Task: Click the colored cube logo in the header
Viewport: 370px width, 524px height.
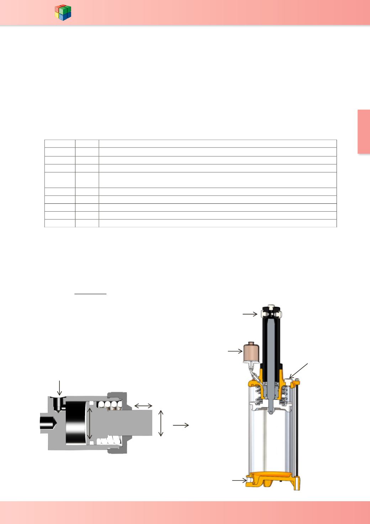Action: pyautogui.click(x=63, y=13)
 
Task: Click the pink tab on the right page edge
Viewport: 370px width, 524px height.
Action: pyautogui.click(x=364, y=132)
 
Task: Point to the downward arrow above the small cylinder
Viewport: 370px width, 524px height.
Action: pyautogui.click(x=59, y=388)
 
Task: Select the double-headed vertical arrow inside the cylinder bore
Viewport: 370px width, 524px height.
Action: pyautogui.click(x=90, y=424)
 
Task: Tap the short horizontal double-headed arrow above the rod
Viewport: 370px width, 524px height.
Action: pyautogui.click(x=143, y=405)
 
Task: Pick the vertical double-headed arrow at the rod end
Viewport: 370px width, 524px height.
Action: pyautogui.click(x=161, y=423)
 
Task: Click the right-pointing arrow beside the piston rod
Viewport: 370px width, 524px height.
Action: pyautogui.click(x=181, y=425)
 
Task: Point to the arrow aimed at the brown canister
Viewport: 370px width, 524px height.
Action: pyautogui.click(x=235, y=351)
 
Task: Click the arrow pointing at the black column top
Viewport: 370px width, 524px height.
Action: pyautogui.click(x=249, y=314)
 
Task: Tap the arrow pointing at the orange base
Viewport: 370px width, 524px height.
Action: pyautogui.click(x=239, y=481)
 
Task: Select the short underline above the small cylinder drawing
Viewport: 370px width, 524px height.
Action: pyautogui.click(x=91, y=294)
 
